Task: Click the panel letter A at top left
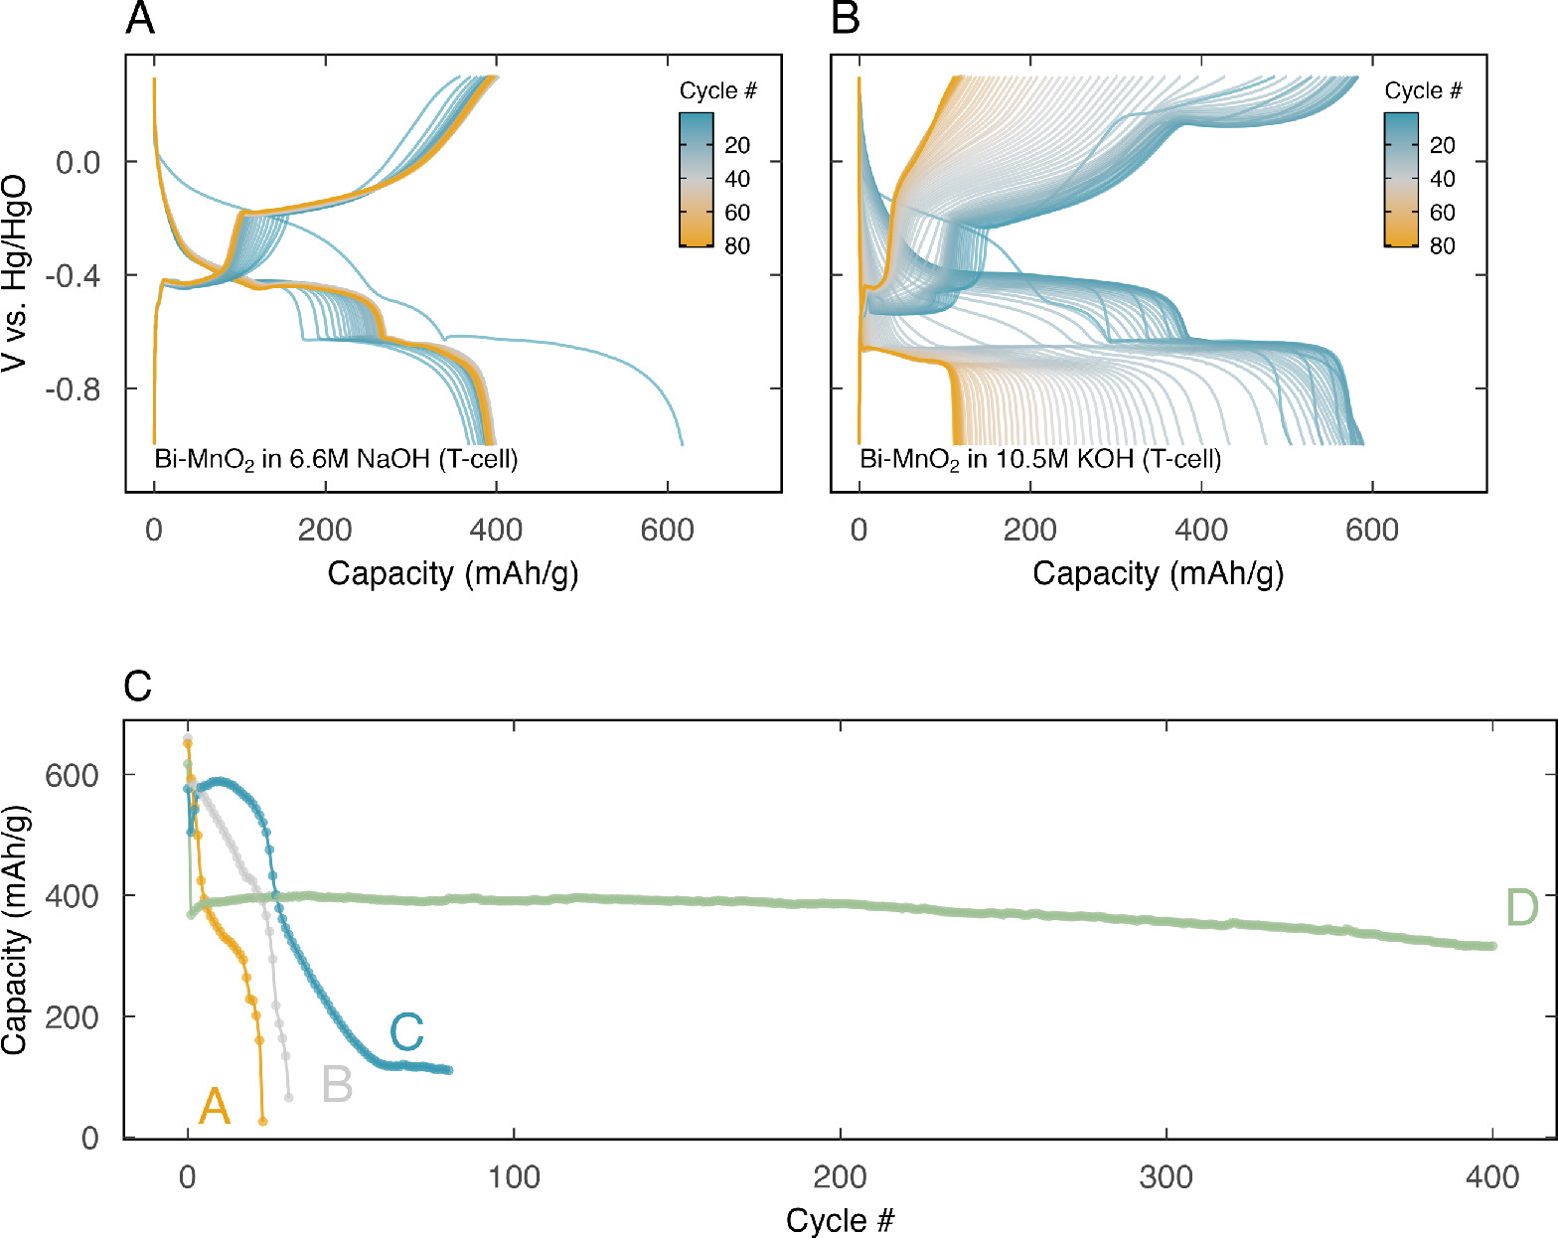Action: coord(140,19)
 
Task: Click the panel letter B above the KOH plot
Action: coord(845,19)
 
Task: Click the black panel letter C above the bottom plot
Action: coord(138,686)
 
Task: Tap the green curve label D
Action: coord(1521,908)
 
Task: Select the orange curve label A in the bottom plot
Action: coord(215,1106)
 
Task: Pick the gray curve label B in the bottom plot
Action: coord(337,1085)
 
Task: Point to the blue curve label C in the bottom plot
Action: coord(406,1032)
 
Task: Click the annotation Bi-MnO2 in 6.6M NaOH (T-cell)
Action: coord(336,459)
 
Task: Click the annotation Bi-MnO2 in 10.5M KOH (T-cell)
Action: coord(1040,459)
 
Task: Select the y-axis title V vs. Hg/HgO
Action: coord(15,274)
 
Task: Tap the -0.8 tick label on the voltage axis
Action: coord(73,388)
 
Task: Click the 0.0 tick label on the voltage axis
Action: coord(78,162)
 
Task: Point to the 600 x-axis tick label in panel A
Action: coord(667,530)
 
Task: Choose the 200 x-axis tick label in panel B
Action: coord(1029,530)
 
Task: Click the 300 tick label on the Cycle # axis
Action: coord(1167,1177)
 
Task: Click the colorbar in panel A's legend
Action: coord(696,179)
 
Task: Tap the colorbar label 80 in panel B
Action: coord(1442,245)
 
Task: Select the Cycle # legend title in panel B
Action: coord(1423,91)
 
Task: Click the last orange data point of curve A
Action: coord(262,1122)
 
